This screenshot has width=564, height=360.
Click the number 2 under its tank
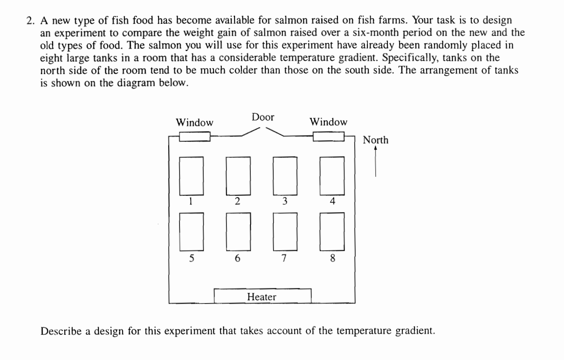click(237, 201)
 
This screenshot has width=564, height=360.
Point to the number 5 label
click(192, 258)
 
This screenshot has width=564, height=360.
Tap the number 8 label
click(333, 258)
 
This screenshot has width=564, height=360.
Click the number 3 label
click(285, 201)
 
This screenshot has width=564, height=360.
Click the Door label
click(263, 117)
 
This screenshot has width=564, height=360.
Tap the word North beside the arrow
click(375, 140)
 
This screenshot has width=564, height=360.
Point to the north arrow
click(375, 161)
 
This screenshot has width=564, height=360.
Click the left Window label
click(194, 123)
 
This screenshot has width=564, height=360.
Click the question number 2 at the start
click(30, 21)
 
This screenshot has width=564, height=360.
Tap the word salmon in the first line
click(291, 20)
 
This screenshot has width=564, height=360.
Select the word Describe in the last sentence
click(61, 331)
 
